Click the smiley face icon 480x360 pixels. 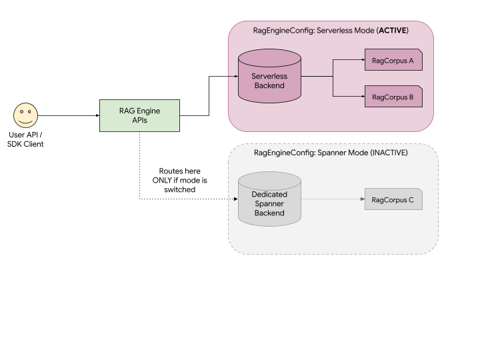(25, 115)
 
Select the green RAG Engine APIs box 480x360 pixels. (139, 115)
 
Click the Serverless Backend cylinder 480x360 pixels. (269, 77)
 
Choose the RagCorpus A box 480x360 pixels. (393, 60)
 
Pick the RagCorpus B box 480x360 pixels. (393, 97)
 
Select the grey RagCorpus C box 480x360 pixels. (393, 199)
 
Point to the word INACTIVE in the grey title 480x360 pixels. (388, 153)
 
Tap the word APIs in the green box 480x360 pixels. (139, 121)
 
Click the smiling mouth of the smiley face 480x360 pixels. (25, 121)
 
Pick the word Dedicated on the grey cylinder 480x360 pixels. (269, 194)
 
